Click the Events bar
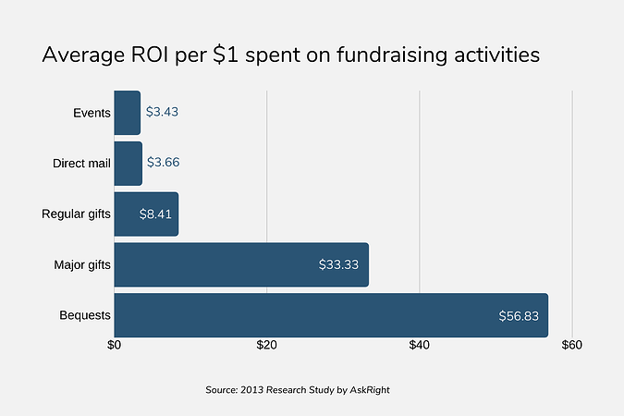coord(127,113)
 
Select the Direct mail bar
coord(128,164)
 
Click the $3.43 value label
coord(162,112)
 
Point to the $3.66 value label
coord(164,163)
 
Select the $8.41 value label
coord(154,214)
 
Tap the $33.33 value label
coord(338,265)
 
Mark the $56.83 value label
coord(519,316)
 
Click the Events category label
coord(92,113)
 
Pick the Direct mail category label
coord(81,164)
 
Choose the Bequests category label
coord(85,315)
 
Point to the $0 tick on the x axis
coord(115,345)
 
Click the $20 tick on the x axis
coord(267,345)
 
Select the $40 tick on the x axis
coord(420,345)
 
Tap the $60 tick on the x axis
coord(572,345)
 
